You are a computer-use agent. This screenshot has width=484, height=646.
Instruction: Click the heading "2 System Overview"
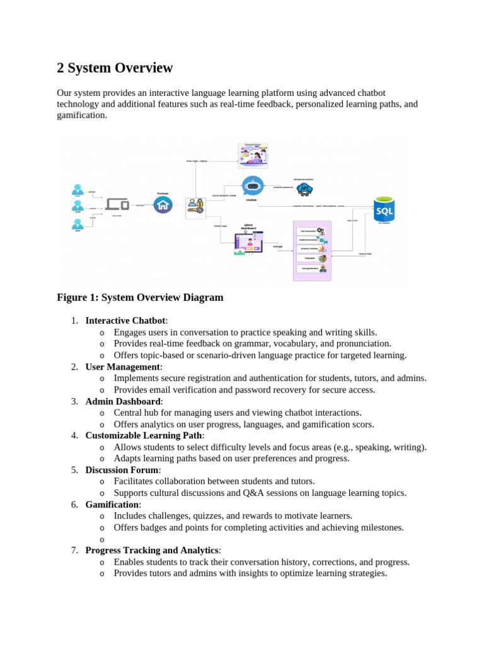pos(115,68)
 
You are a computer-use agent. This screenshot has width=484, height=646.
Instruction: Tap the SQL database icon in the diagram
pos(384,208)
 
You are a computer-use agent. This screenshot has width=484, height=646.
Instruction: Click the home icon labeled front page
pos(163,204)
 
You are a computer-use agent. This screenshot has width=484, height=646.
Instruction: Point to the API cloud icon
pos(305,189)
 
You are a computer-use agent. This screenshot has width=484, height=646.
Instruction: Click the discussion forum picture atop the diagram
pos(253,155)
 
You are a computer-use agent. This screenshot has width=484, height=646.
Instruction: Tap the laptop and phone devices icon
pos(117,204)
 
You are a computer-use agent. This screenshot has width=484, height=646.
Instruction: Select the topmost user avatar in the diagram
pos(78,189)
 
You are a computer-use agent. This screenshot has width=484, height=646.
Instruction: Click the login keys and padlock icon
pos(195,208)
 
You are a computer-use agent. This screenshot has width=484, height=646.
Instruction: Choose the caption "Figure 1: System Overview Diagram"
pos(140,297)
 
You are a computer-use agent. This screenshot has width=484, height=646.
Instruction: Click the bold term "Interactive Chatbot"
pos(125,320)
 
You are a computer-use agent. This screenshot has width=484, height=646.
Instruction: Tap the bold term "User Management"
pos(122,367)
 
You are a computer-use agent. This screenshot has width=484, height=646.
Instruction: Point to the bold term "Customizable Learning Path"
pos(144,435)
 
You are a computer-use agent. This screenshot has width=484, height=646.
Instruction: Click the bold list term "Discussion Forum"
pos(122,470)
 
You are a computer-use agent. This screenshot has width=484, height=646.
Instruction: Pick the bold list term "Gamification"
pos(112,505)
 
